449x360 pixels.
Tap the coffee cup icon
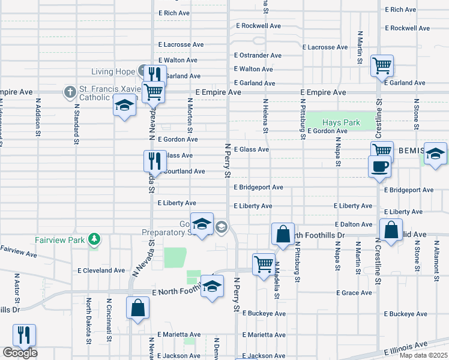pos(379,166)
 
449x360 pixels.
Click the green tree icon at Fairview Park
pos(94,239)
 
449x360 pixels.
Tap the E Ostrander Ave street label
pos(258,55)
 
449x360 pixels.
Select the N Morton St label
pos(190,115)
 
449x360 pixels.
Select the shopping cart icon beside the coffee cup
pos(382,149)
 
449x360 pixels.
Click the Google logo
pos(20,353)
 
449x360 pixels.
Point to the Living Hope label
pos(113,72)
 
